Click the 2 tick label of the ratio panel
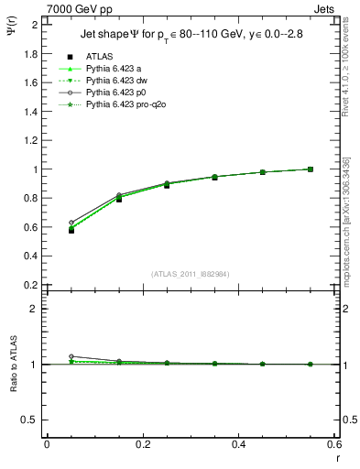pos(35,310)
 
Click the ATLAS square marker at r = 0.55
pos(311,169)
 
